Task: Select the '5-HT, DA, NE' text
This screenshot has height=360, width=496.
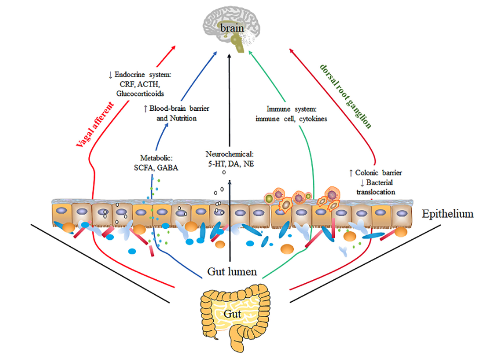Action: [x=231, y=164]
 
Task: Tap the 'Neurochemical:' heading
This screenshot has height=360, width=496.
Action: [x=231, y=154]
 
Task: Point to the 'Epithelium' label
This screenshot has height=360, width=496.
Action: [x=448, y=214]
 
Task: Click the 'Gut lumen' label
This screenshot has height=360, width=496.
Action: [x=232, y=271]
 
